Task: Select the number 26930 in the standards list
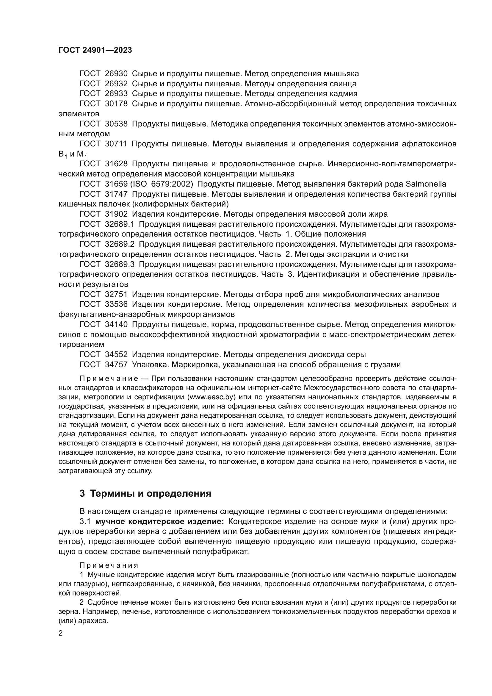point(116,74)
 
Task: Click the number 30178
point(116,104)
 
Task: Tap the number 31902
point(116,214)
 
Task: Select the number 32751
point(116,294)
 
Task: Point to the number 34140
point(116,324)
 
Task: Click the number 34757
point(116,365)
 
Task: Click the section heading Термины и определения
point(151,493)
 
